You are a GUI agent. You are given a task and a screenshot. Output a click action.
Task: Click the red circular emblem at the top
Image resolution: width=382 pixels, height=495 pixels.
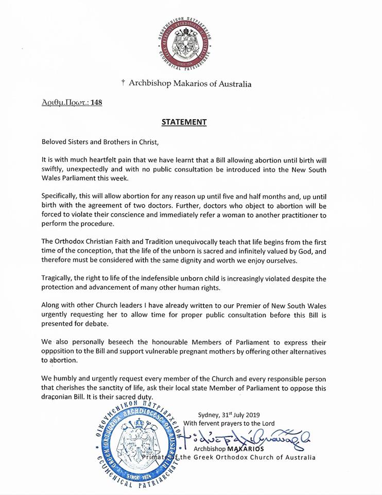191,42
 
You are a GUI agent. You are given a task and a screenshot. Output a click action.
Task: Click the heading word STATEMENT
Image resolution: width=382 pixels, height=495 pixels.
184,122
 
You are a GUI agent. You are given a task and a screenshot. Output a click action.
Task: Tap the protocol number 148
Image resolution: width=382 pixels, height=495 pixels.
96,102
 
